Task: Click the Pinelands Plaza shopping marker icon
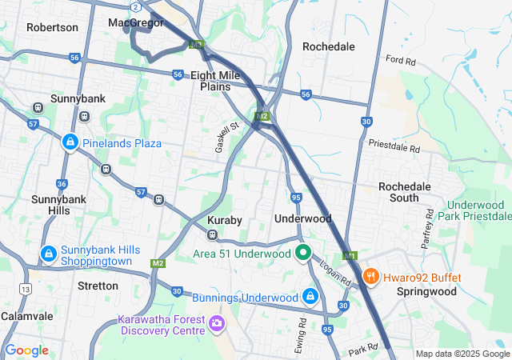coord(70,142)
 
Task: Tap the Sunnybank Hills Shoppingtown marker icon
coord(49,254)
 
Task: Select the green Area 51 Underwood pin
coord(303,254)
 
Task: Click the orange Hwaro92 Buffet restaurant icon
coord(370,277)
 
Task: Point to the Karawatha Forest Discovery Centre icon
coord(217,324)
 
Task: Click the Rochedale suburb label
coord(328,46)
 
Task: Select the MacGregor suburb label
coord(136,22)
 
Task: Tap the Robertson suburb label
coord(52,27)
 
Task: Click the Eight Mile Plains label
coord(215,80)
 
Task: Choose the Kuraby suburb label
coord(224,219)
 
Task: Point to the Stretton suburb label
coord(98,286)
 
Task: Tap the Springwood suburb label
coord(426,292)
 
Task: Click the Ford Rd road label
coord(402,59)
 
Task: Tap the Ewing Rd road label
coord(300,330)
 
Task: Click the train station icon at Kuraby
coord(213,235)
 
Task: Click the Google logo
coord(26,350)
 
